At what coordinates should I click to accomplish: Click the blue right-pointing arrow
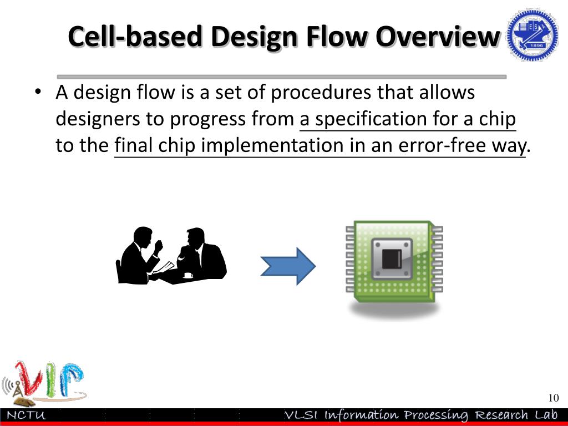coord(288,266)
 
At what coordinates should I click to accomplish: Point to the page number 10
coord(552,398)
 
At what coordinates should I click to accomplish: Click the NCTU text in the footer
coord(26,415)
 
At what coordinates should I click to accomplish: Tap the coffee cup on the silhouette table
coord(188,275)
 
